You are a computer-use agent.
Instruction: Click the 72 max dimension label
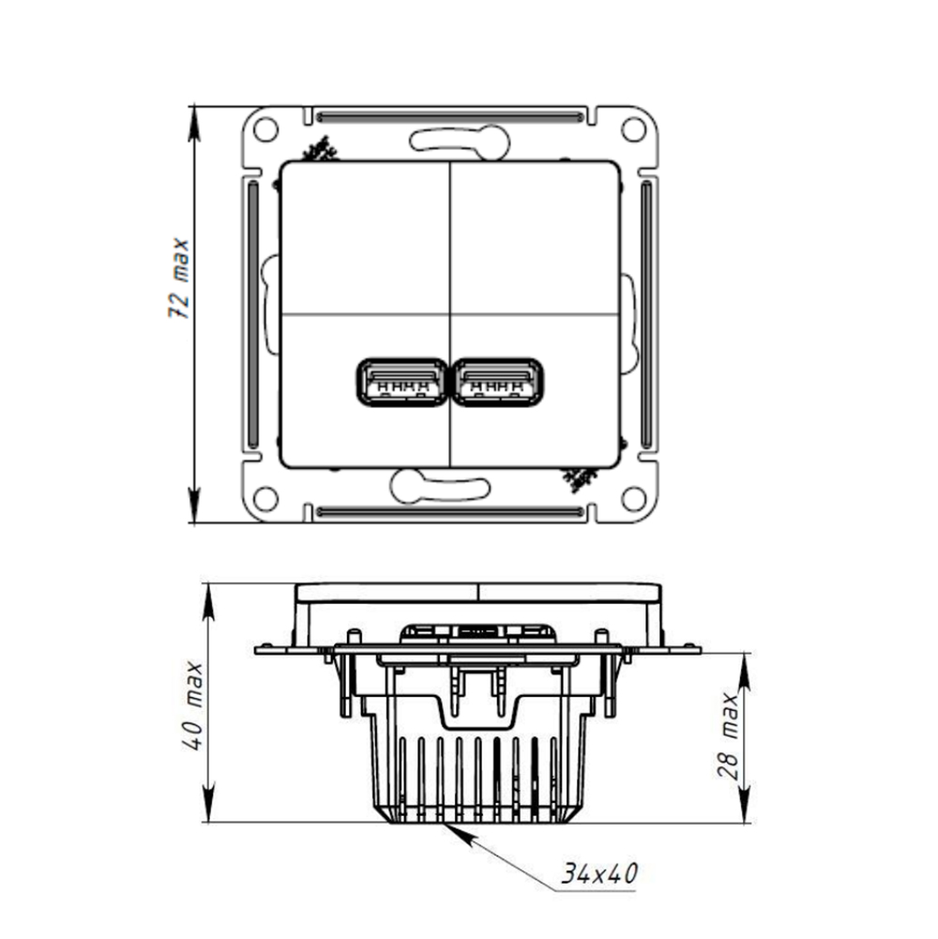[x=179, y=279]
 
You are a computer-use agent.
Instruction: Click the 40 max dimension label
[x=194, y=705]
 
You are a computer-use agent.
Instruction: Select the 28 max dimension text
[x=729, y=735]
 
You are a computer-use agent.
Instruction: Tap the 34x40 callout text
[x=599, y=873]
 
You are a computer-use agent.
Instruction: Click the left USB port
[x=401, y=382]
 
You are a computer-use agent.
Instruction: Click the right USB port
[x=498, y=382]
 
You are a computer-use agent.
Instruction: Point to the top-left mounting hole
[x=266, y=129]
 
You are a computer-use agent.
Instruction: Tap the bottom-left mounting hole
[x=266, y=498]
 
